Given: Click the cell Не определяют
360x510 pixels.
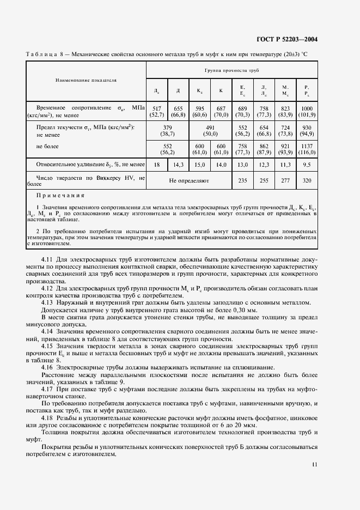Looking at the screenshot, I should [188, 180].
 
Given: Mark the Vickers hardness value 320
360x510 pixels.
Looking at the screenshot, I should [307, 180].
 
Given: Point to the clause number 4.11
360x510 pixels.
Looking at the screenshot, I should [47, 260].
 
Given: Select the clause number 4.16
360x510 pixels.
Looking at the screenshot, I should [47, 367].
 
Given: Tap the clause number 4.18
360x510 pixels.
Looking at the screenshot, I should [47, 416].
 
